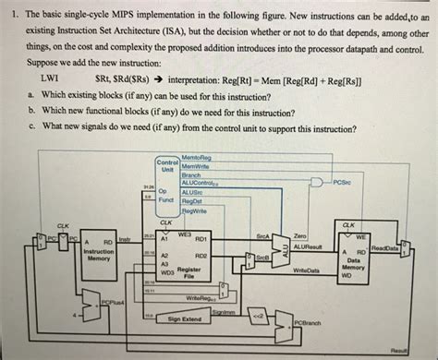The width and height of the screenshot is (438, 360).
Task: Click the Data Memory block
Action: (x=359, y=263)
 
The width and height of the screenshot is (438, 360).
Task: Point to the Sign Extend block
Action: (x=186, y=318)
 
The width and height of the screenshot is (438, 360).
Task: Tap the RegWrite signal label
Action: (x=195, y=210)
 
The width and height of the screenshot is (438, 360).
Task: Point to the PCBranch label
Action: (x=307, y=322)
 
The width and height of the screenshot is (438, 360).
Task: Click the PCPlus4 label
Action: (x=113, y=301)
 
